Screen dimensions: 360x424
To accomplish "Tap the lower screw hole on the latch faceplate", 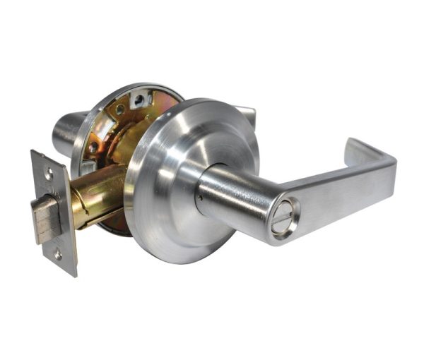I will pyautogui.click(x=58, y=255).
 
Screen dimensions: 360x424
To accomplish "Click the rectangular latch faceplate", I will pyautogui.click(x=54, y=212).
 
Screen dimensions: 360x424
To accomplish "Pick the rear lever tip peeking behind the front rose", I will pyautogui.click(x=244, y=113).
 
